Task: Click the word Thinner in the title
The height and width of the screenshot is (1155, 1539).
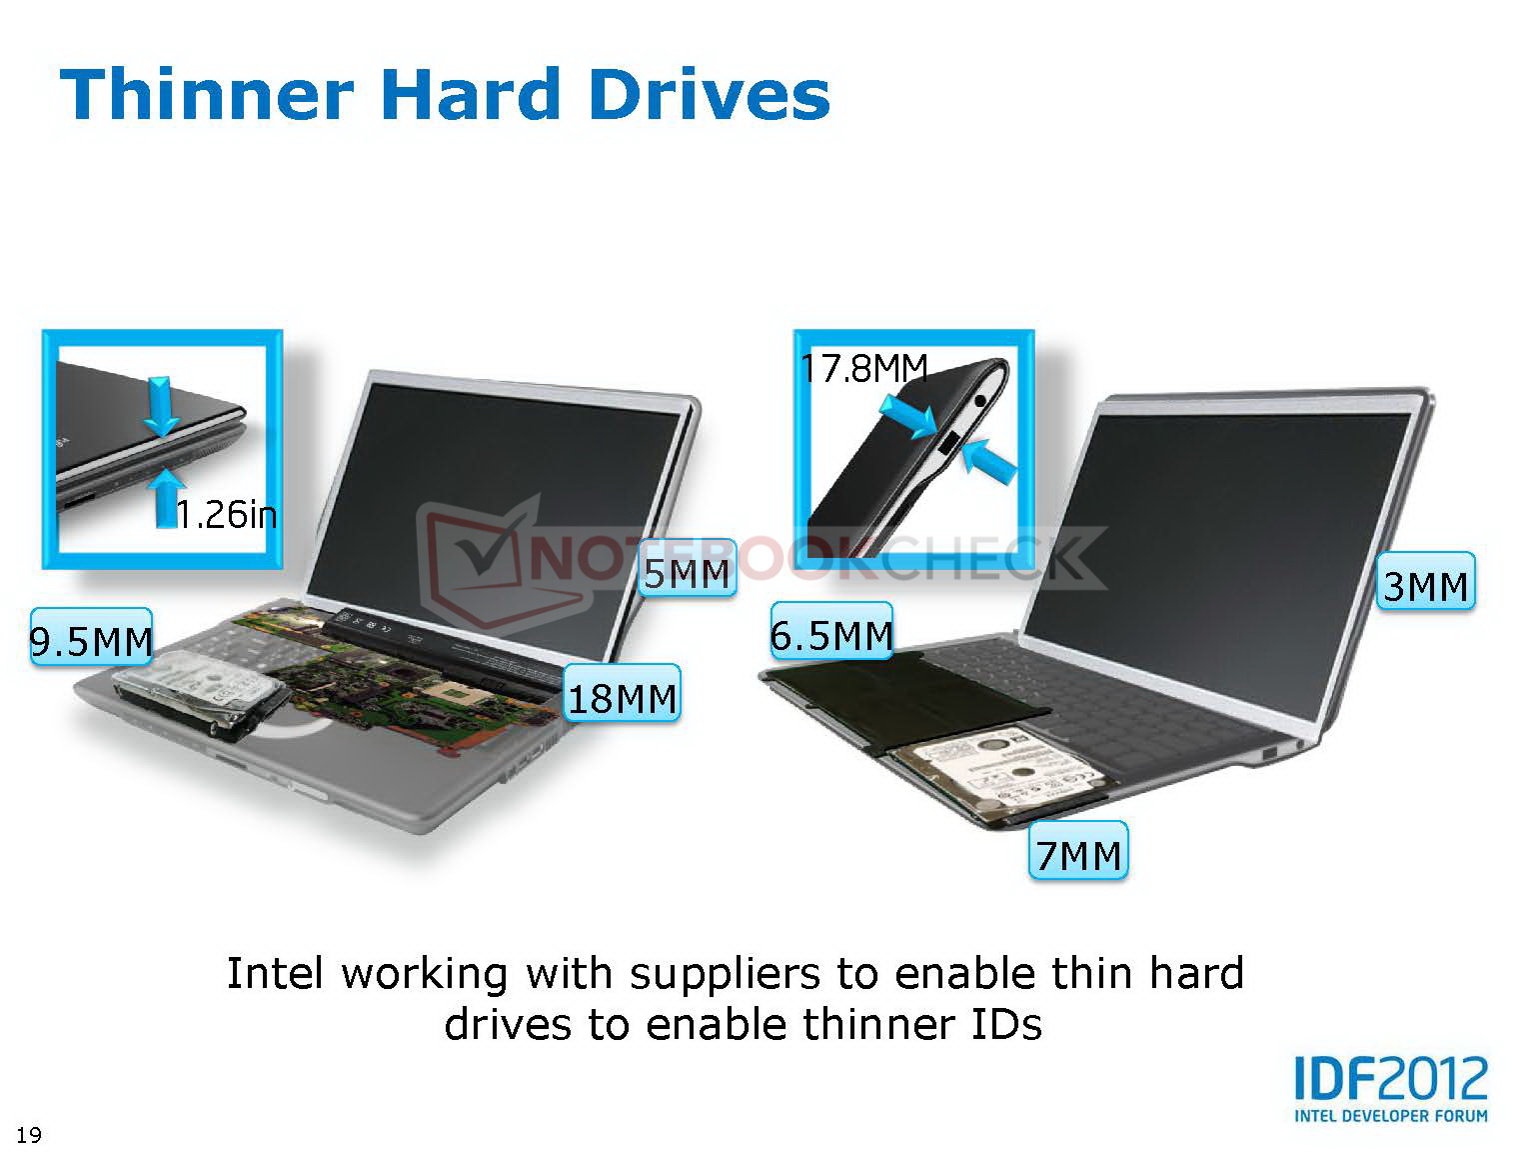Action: point(208,95)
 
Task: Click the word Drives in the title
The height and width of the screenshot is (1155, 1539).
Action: point(710,95)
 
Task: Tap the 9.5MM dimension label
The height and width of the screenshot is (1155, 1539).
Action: point(91,637)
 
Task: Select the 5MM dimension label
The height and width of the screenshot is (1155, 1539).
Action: point(688,568)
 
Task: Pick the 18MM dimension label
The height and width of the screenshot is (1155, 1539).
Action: point(622,693)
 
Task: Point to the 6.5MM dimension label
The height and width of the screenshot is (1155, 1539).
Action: point(831,630)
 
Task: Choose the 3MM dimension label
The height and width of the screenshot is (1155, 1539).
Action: point(1426,581)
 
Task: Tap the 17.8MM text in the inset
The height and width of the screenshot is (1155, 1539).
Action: point(864,368)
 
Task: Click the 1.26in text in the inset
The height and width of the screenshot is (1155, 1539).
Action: point(227,515)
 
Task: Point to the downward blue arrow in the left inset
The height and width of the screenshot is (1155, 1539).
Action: point(161,406)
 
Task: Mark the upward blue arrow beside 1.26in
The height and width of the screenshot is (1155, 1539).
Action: point(167,498)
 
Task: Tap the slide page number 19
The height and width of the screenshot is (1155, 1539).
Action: point(29,1135)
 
